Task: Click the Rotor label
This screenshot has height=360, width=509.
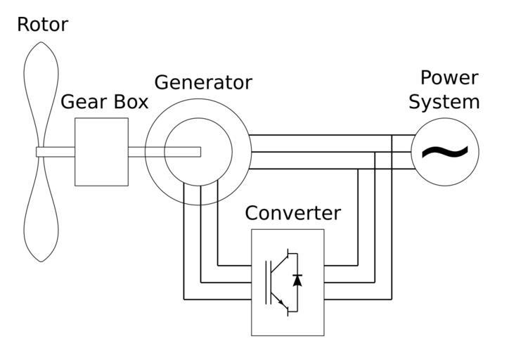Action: [x=42, y=25]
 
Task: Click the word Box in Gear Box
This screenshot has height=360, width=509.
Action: [x=131, y=102]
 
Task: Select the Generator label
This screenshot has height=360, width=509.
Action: [x=202, y=82]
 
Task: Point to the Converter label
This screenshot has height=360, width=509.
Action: [x=292, y=213]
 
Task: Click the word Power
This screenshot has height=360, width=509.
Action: [x=449, y=77]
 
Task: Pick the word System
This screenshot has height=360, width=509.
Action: [x=444, y=102]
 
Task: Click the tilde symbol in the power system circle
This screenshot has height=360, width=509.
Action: [x=444, y=151]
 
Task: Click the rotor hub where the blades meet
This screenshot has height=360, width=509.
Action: [x=41, y=152]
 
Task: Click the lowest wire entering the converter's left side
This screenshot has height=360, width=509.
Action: [x=218, y=300]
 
